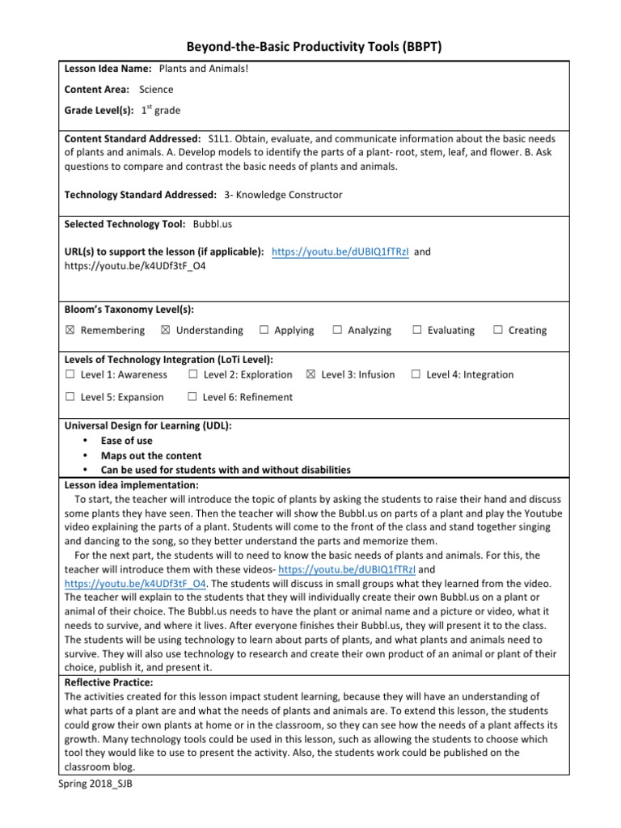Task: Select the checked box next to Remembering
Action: (x=70, y=331)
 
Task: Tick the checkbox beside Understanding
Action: (x=166, y=331)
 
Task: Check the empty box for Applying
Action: (x=264, y=331)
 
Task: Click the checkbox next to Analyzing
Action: (x=336, y=331)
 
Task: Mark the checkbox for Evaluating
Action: (x=417, y=331)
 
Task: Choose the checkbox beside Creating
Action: (x=498, y=331)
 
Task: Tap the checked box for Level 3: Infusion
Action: (x=311, y=375)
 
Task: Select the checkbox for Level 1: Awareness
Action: (x=70, y=375)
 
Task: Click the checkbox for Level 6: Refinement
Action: (x=192, y=397)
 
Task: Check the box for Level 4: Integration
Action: (x=416, y=375)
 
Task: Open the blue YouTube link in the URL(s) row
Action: (x=340, y=251)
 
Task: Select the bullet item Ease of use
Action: (x=126, y=441)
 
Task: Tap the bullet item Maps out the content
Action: (x=151, y=455)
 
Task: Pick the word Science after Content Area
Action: (x=156, y=90)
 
